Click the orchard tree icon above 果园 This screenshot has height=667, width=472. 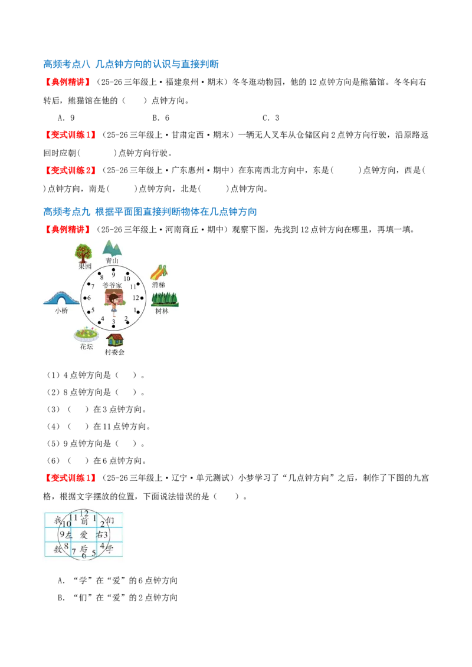(83, 253)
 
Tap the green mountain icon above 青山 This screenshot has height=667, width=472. (112, 249)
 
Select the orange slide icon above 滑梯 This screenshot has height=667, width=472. (159, 273)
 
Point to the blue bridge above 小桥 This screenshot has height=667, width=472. (61, 298)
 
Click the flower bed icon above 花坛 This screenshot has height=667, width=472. (87, 335)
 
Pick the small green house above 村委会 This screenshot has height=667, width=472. (115, 340)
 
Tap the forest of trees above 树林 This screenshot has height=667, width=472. (165, 299)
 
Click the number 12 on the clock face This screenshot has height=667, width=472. (136, 298)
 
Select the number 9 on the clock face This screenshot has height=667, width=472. (113, 275)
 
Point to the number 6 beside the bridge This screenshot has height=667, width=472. (89, 298)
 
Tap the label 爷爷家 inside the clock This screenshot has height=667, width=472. (112, 285)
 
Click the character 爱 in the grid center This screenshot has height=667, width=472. (84, 534)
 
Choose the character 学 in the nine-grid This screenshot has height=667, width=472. (110, 549)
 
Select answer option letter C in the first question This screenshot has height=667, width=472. (265, 118)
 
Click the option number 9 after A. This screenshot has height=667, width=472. (73, 118)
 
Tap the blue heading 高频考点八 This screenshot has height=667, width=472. (67, 64)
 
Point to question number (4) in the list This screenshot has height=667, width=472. (53, 426)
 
